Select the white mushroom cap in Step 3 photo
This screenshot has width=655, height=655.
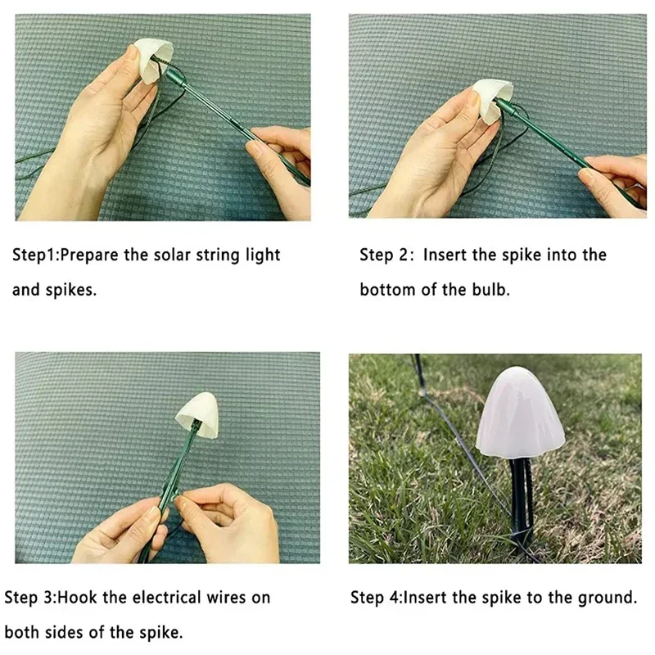197,415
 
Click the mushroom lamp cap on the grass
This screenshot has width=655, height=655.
520,412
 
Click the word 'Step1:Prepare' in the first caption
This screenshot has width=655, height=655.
65,255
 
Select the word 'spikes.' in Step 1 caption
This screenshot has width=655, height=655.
71,291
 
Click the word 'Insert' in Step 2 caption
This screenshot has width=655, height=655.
444,255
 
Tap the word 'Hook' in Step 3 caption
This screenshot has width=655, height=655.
77,598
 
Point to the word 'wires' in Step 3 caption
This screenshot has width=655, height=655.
226,598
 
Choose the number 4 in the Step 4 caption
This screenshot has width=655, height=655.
394,598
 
